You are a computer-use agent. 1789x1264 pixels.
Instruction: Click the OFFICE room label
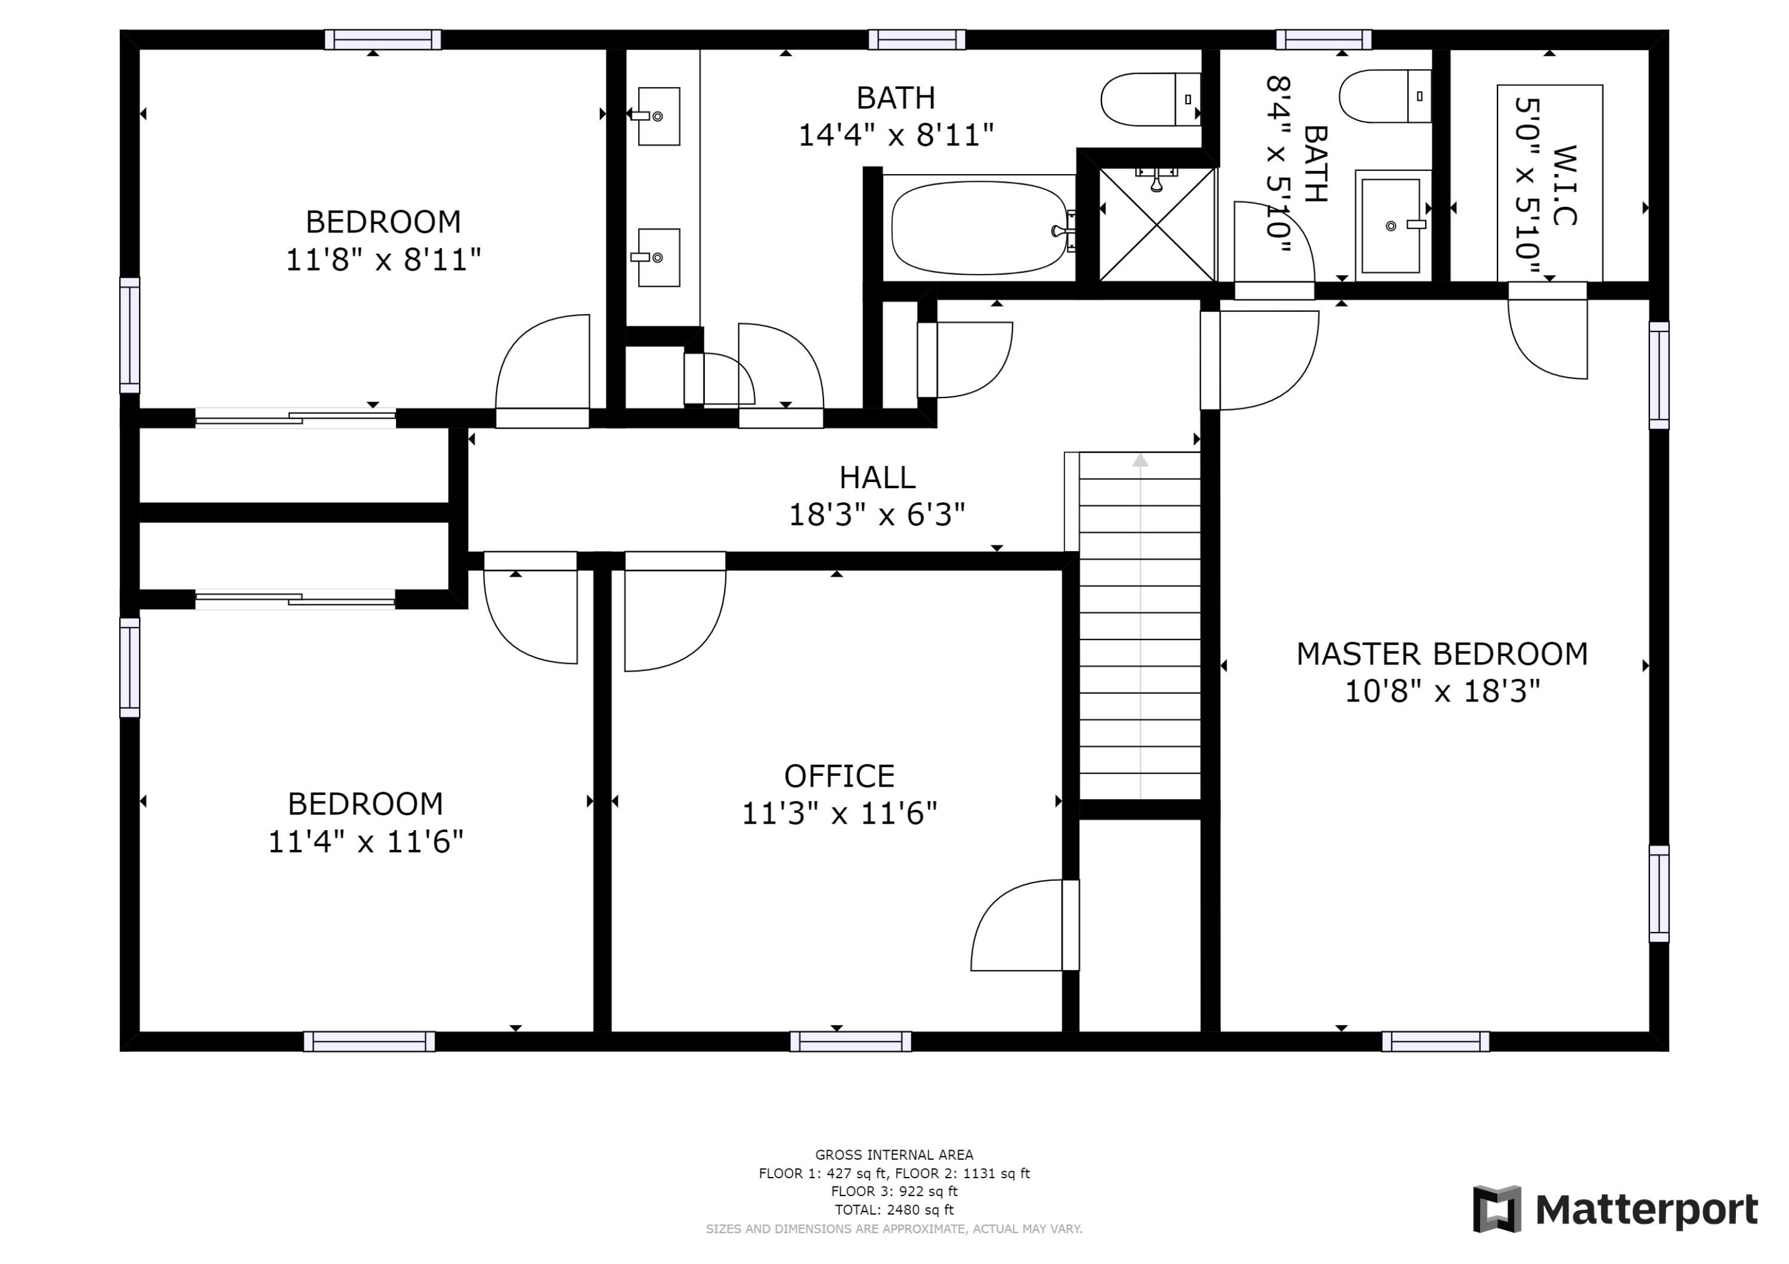click(x=839, y=777)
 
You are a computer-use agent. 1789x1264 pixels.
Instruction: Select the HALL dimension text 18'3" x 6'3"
click(x=877, y=515)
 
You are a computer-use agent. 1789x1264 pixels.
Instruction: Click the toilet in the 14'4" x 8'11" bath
click(x=1151, y=100)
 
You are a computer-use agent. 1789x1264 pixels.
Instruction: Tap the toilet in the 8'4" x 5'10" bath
click(x=1385, y=96)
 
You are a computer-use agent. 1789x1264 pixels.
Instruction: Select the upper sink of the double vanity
click(x=658, y=117)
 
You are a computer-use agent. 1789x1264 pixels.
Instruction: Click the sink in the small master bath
click(x=1392, y=226)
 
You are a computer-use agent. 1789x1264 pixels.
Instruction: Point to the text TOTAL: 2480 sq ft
click(x=895, y=1210)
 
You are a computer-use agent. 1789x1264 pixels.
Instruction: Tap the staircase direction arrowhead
click(x=1141, y=460)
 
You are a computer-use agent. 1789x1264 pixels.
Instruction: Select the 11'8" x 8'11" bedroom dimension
click(x=383, y=259)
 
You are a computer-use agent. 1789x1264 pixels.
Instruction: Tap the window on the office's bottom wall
click(x=851, y=1041)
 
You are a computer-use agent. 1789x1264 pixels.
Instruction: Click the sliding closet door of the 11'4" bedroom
click(x=295, y=599)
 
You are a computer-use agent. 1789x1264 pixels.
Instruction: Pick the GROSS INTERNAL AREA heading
click(x=895, y=1155)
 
